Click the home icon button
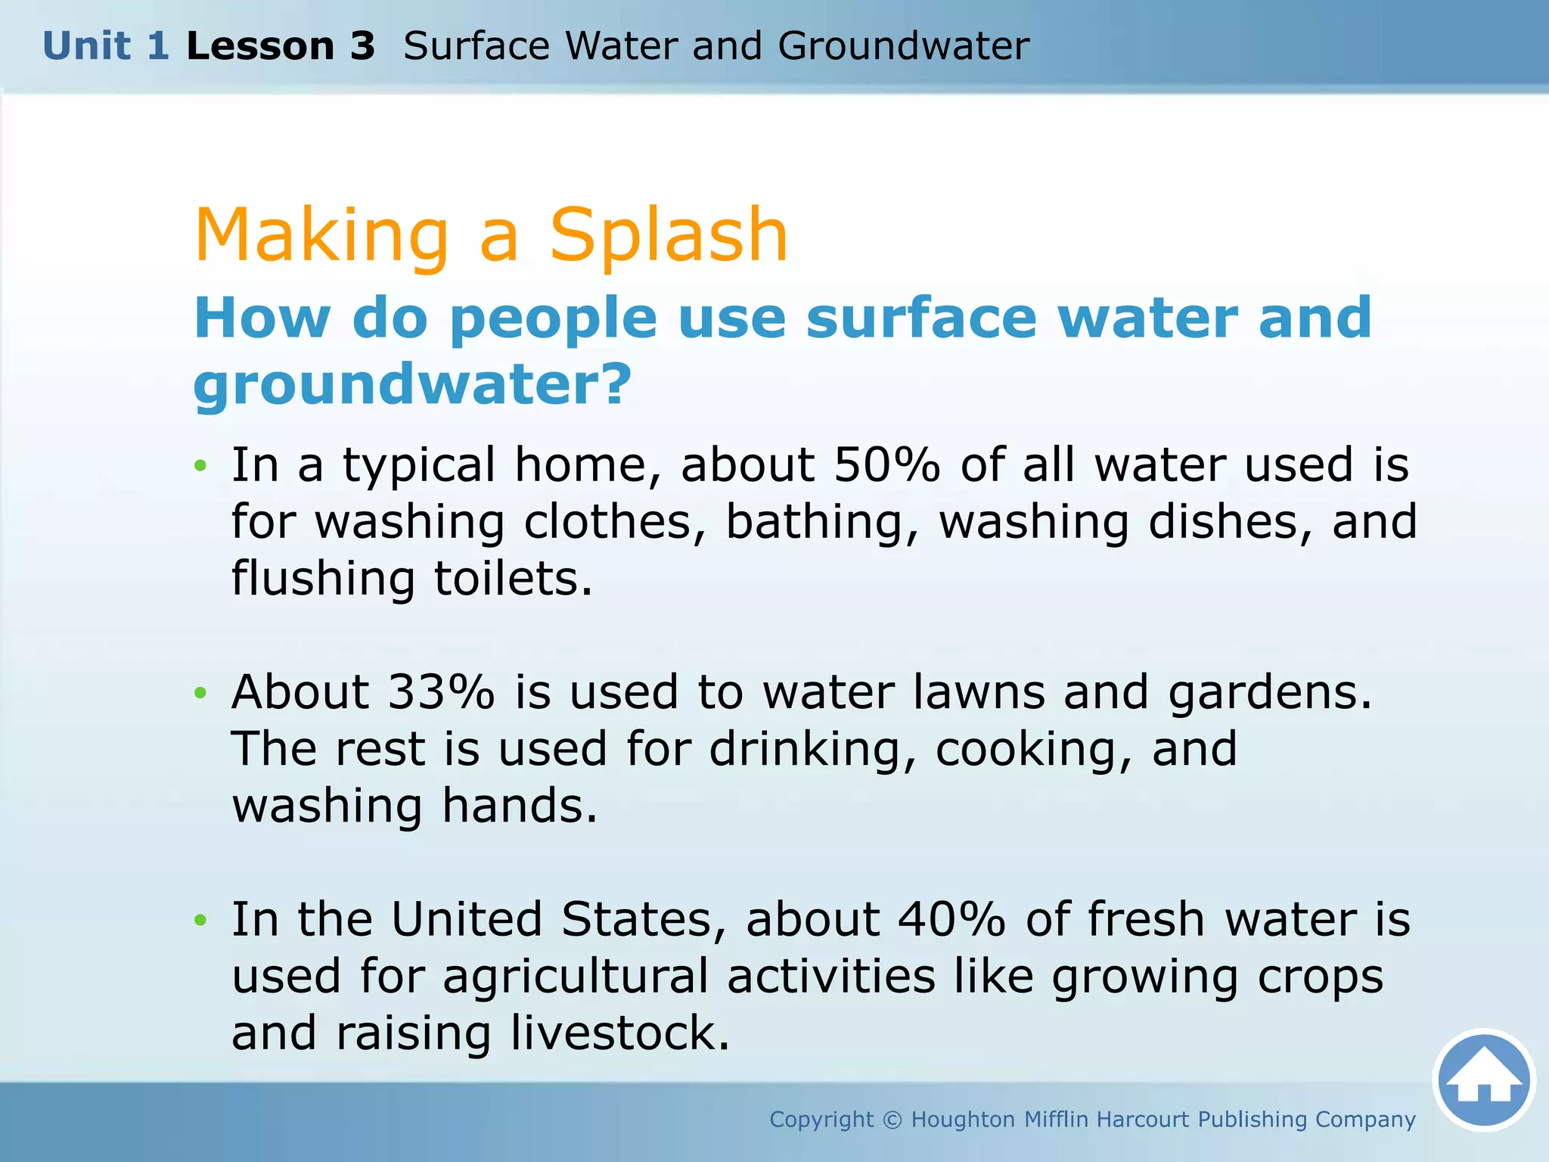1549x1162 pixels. (1483, 1080)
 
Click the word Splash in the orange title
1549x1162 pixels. (669, 236)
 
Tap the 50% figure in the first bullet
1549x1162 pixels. (886, 464)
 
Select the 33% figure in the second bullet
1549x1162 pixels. (441, 691)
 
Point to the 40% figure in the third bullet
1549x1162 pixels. (951, 919)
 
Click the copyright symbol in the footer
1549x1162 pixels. (892, 1120)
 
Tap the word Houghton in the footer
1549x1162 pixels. (963, 1120)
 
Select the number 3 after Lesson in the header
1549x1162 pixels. (362, 46)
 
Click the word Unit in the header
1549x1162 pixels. (86, 46)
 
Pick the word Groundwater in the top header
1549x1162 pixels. (903, 46)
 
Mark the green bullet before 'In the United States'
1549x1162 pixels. (200, 920)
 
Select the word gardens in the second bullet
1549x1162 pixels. (1269, 693)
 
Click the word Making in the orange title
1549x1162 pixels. (322, 236)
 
